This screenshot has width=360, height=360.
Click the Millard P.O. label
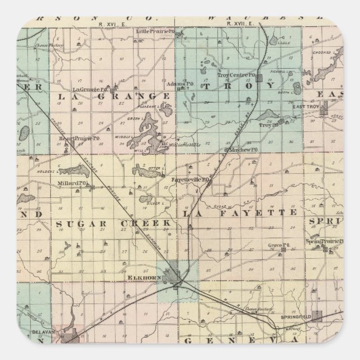[x=70, y=183]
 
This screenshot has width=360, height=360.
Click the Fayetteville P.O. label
[x=190, y=179]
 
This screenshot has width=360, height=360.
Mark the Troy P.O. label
[x=268, y=126]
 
